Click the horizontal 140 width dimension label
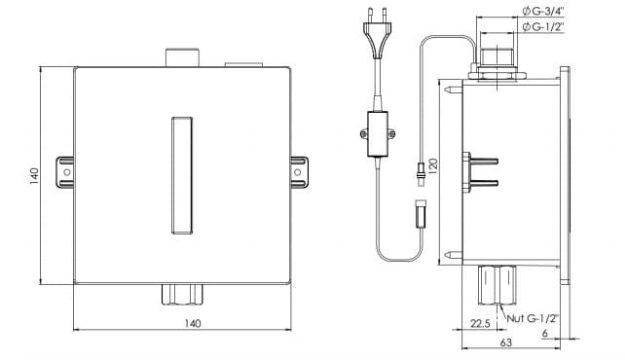coord(192,324)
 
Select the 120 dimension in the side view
coord(434,166)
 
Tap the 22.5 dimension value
coord(478,324)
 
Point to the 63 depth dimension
coord(505,342)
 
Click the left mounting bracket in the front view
coord(65,171)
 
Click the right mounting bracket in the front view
coord(299,171)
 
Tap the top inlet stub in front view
coord(182,56)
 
